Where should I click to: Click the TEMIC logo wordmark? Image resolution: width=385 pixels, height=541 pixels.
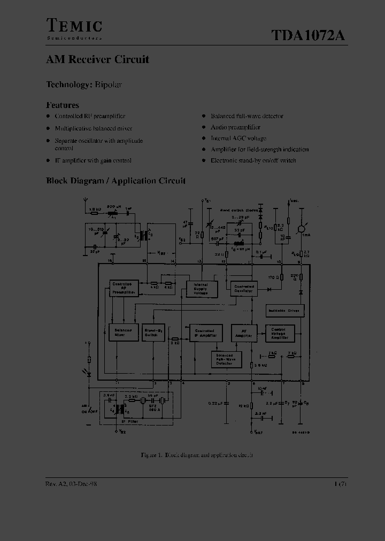pyautogui.click(x=74, y=26)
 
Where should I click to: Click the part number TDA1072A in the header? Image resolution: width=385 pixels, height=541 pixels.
pyautogui.click(x=308, y=35)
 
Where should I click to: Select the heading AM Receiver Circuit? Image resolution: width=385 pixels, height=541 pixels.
pyautogui.click(x=97, y=59)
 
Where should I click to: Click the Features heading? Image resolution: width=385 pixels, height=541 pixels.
pyautogui.click(x=62, y=105)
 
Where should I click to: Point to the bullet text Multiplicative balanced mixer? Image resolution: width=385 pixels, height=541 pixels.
pyautogui.click(x=94, y=128)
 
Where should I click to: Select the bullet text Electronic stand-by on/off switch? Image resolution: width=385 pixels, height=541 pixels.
pyautogui.click(x=253, y=160)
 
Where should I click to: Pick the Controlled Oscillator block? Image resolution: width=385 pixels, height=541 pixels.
pyautogui.click(x=244, y=289)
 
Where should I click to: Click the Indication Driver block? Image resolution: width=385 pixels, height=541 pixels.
pyautogui.click(x=284, y=311)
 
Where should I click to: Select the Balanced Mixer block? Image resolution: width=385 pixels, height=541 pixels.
pyautogui.click(x=122, y=333)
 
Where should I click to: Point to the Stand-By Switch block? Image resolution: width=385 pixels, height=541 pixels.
pyautogui.click(x=153, y=333)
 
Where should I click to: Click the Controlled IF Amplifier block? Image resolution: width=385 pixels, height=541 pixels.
pyautogui.click(x=204, y=333)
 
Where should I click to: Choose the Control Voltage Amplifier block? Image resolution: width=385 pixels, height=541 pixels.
pyautogui.click(x=279, y=333)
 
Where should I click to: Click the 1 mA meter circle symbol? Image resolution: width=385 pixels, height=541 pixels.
pyautogui.click(x=301, y=228)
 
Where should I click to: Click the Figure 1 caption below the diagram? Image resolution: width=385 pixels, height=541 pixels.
pyautogui.click(x=196, y=455)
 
